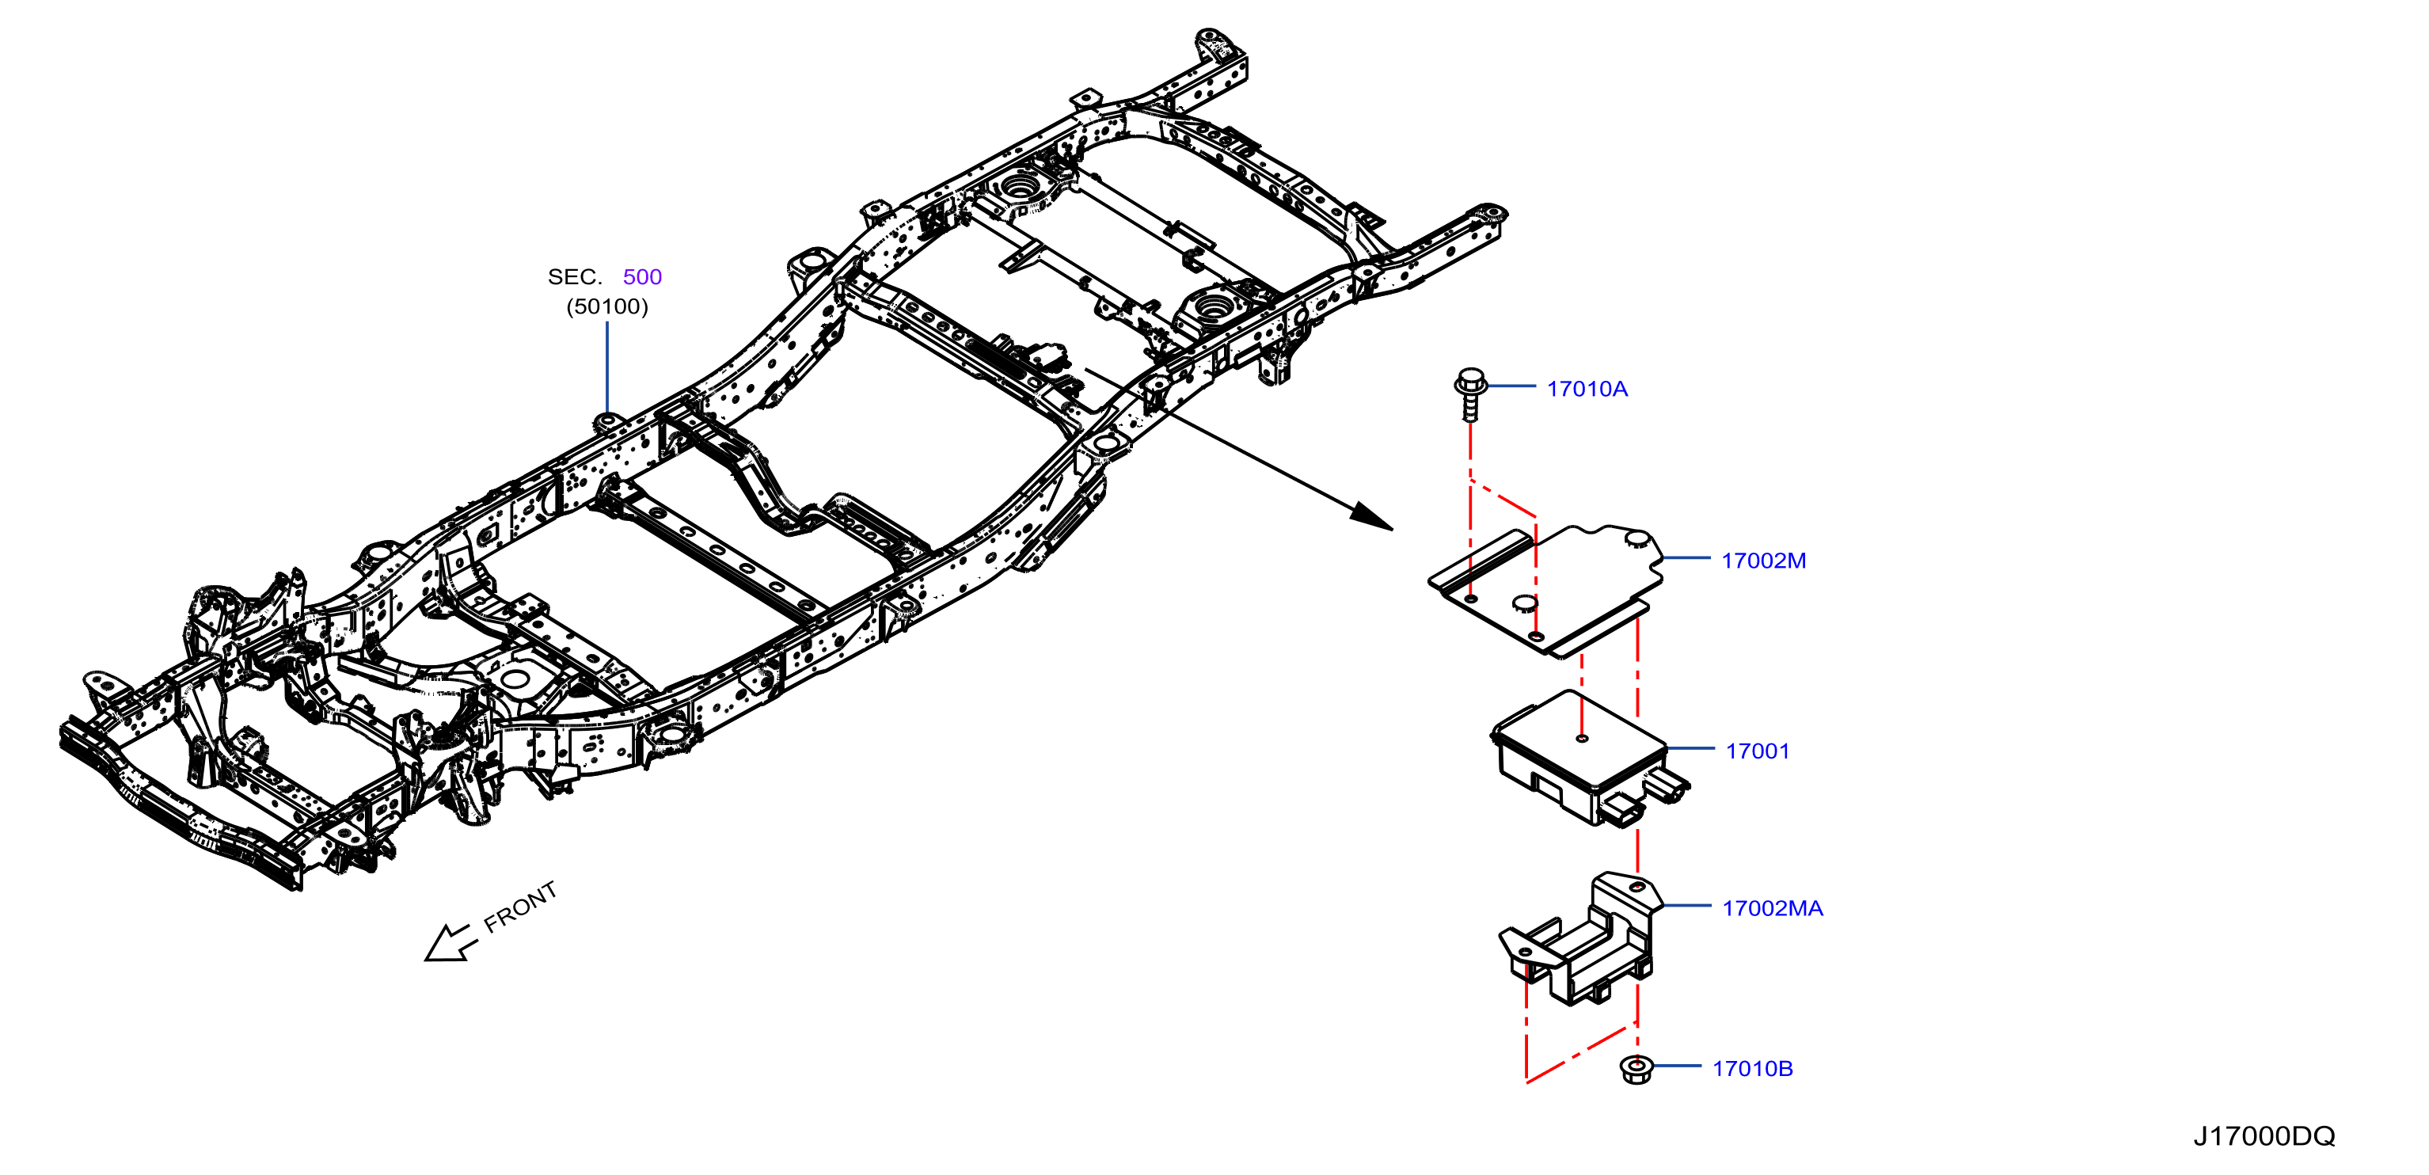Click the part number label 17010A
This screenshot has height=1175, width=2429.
[1587, 389]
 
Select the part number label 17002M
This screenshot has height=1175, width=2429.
[1763, 560]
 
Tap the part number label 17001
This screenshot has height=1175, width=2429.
[1758, 751]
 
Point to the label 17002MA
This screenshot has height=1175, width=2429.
[1773, 908]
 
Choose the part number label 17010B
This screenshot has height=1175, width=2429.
[1752, 1068]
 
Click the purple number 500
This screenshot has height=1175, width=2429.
[642, 276]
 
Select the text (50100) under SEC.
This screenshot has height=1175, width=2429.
[607, 306]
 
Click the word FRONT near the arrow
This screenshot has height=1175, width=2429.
[520, 907]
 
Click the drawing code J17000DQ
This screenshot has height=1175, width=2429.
[2264, 1135]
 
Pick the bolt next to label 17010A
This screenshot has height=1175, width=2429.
[1470, 394]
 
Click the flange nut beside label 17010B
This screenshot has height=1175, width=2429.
[1636, 1070]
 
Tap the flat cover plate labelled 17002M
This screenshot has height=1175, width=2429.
[1546, 589]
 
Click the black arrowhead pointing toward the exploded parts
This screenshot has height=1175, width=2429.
[1371, 517]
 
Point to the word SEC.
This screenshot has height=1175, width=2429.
[574, 276]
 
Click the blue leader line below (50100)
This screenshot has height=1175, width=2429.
[607, 367]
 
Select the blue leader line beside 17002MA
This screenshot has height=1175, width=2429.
[1688, 905]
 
